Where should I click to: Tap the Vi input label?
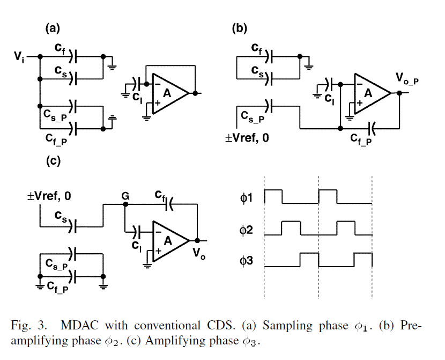[x=19, y=56]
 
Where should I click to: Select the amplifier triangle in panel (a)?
[x=168, y=93]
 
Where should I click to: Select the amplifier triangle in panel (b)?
[x=371, y=93]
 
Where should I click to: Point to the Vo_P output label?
[x=407, y=79]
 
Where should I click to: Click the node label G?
[x=125, y=197]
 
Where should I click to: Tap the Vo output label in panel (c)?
[x=200, y=256]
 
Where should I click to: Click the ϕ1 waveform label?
[x=247, y=199]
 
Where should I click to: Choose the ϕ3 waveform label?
[x=247, y=262]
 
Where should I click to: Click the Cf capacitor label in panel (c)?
[x=160, y=194]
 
